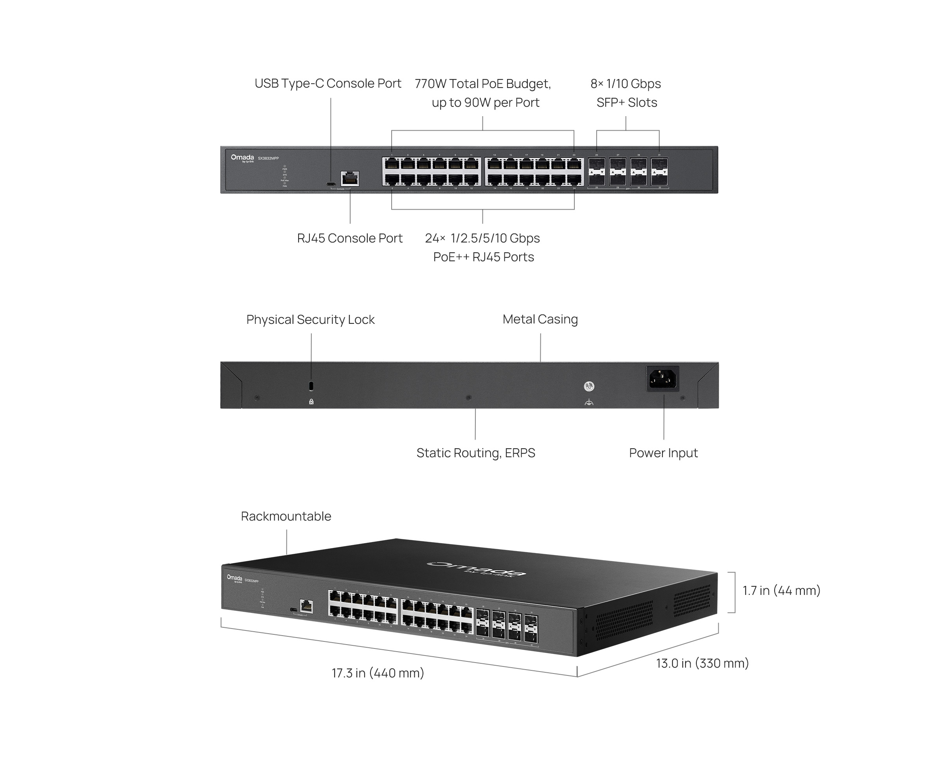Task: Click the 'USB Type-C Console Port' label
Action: (x=327, y=83)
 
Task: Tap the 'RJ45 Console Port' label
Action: (x=349, y=238)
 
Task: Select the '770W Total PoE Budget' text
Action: (x=482, y=83)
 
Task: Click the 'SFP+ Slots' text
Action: (x=626, y=102)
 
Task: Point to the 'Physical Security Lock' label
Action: (x=310, y=320)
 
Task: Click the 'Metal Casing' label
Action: (x=540, y=319)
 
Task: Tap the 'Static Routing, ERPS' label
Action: (x=475, y=453)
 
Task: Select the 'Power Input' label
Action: (x=663, y=453)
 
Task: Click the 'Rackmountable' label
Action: (x=286, y=516)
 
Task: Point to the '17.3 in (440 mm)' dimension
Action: (x=378, y=673)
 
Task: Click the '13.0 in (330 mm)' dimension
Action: (x=702, y=663)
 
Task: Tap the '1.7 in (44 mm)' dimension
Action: (x=781, y=590)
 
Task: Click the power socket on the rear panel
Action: (x=662, y=378)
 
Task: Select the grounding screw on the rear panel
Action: (x=589, y=386)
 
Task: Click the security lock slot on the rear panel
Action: (x=311, y=386)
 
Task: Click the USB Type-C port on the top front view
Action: (x=331, y=184)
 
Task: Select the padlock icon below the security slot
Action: (x=311, y=402)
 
